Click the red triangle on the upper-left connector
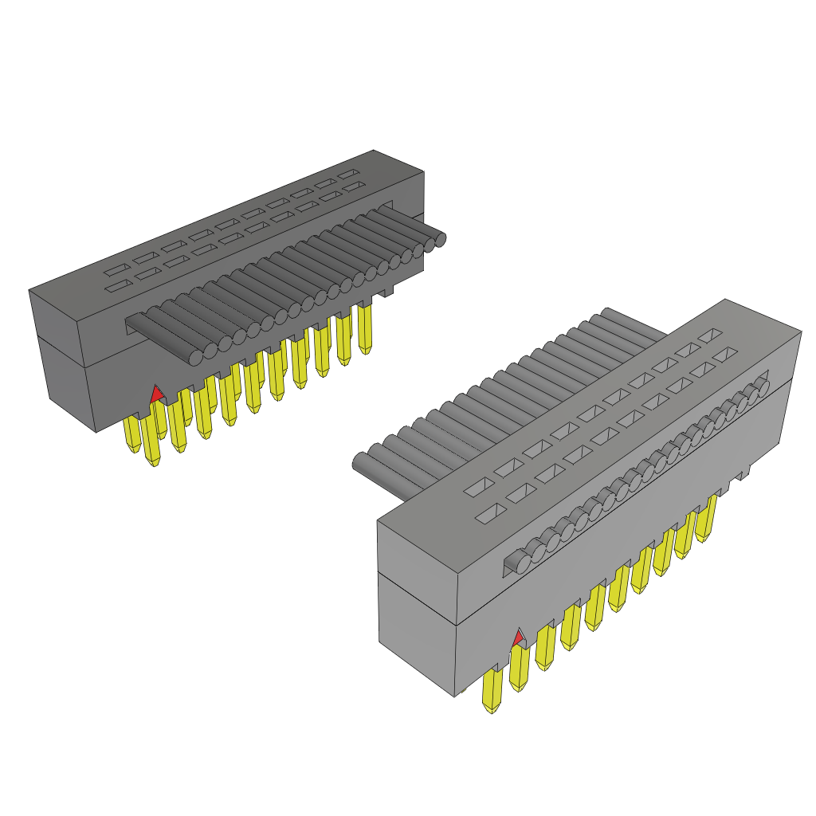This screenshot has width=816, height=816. click(x=157, y=393)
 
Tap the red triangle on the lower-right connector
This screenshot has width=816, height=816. click(x=519, y=638)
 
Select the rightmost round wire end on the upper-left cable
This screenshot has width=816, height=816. click(x=437, y=238)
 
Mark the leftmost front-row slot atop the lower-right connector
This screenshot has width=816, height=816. click(x=488, y=515)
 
